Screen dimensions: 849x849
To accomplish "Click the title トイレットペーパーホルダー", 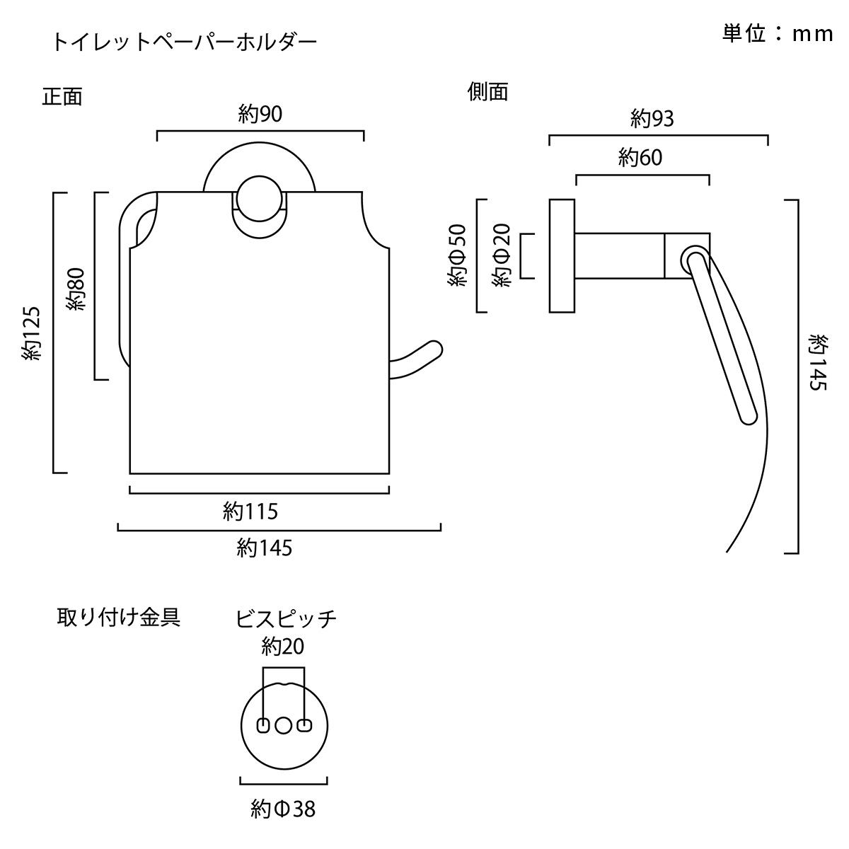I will click(184, 42).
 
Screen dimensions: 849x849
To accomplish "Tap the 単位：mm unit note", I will click(778, 34).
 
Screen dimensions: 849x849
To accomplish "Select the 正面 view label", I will click(62, 96).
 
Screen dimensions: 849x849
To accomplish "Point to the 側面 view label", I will click(488, 91).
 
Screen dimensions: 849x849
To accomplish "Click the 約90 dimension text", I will click(260, 114).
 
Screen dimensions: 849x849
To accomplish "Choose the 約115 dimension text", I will click(250, 510).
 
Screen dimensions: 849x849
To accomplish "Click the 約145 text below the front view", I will click(264, 548).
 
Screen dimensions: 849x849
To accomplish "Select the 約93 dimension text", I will click(652, 119).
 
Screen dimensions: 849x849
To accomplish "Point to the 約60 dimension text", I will click(640, 157).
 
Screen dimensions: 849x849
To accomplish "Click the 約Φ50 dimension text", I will click(458, 256).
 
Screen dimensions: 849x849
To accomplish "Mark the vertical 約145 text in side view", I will click(819, 363).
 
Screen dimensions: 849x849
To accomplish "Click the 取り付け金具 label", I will click(118, 617).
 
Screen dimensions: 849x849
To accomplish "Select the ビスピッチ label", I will click(286, 619).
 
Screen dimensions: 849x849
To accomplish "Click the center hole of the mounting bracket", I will click(284, 725).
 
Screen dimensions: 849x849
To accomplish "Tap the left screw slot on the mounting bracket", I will click(262, 725).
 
